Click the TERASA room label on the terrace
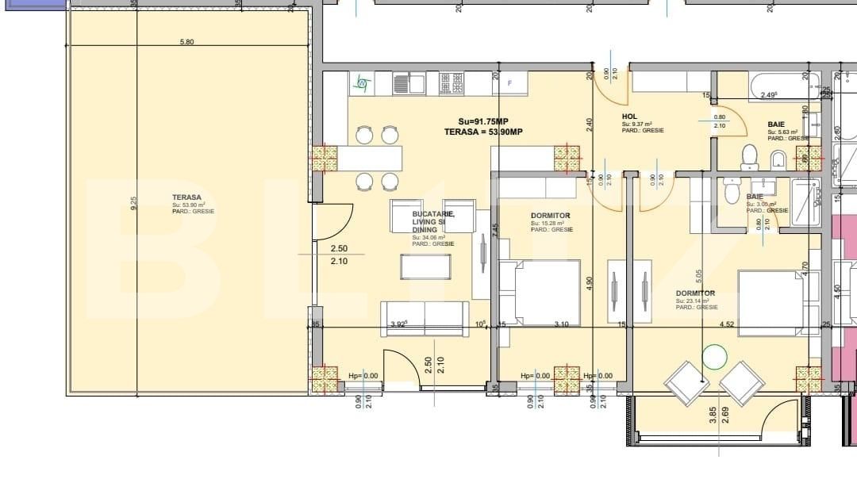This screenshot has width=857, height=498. pyautogui.click(x=187, y=197)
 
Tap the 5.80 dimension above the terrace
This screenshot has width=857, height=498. pyautogui.click(x=186, y=42)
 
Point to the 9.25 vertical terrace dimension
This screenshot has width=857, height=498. pyautogui.click(x=135, y=203)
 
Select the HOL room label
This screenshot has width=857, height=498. pyautogui.click(x=629, y=117)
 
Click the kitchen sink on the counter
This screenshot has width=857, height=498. pyautogui.click(x=405, y=82)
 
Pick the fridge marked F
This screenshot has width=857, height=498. pyautogui.click(x=510, y=82)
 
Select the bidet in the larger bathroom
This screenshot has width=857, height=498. pyautogui.click(x=778, y=159)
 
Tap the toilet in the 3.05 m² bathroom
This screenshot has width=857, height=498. pyautogui.click(x=731, y=190)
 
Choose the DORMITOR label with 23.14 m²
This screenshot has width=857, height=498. pyautogui.click(x=696, y=293)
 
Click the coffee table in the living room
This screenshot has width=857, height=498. pyautogui.click(x=425, y=266)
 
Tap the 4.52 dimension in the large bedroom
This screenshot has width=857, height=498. pyautogui.click(x=728, y=324)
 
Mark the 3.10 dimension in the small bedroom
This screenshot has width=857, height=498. pyautogui.click(x=562, y=324)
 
